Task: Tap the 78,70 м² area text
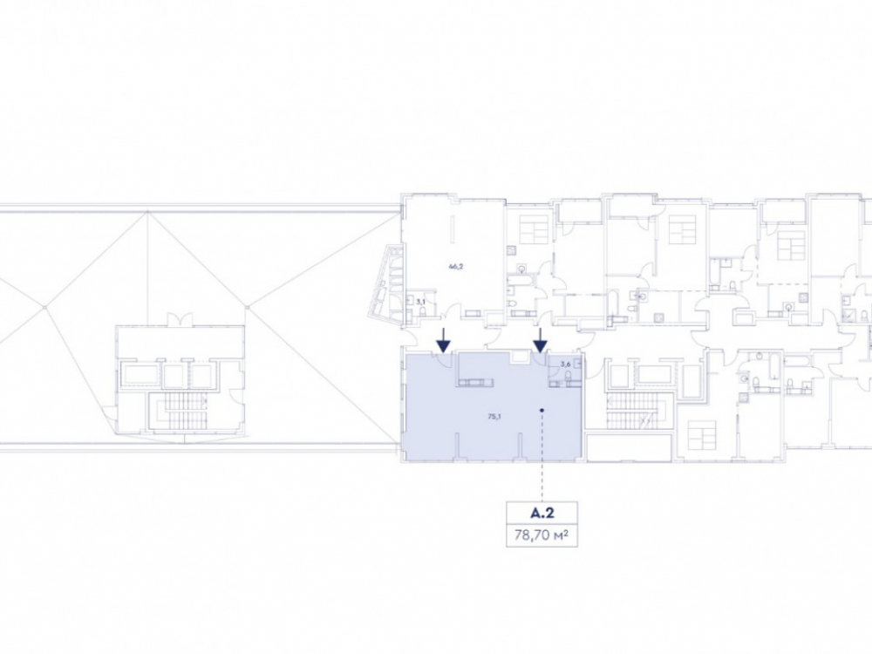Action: pyautogui.click(x=542, y=535)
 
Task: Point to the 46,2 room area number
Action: pyautogui.click(x=456, y=266)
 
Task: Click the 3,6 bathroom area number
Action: pyautogui.click(x=566, y=364)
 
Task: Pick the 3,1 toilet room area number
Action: pyautogui.click(x=420, y=302)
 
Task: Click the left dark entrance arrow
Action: pyautogui.click(x=443, y=340)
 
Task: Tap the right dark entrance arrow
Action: pyautogui.click(x=541, y=340)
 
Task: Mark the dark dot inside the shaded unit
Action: pyautogui.click(x=542, y=411)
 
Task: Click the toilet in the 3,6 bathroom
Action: pyautogui.click(x=568, y=378)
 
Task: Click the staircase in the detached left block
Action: pyautogui.click(x=178, y=412)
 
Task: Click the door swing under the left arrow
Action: pyautogui.click(x=444, y=359)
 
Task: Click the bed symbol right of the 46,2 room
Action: pyautogui.click(x=535, y=228)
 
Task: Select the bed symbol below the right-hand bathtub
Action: pyautogui.click(x=701, y=435)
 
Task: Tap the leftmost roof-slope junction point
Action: pyautogui.click(x=44, y=306)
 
